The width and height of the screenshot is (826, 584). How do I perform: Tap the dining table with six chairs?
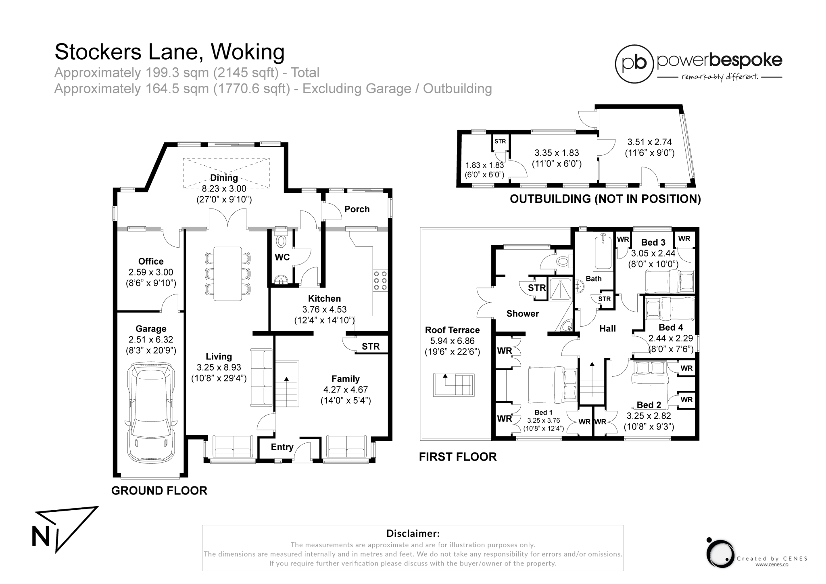pos(228,273)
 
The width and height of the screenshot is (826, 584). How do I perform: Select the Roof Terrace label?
pos(452,330)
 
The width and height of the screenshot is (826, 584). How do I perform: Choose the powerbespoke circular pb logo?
pos(634,64)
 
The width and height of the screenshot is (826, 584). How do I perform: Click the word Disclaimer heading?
pos(413,533)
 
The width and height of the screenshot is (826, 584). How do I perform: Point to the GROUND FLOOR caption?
pos(159,490)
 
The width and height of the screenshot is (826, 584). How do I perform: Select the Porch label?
pos(357,209)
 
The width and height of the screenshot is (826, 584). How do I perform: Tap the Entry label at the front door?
pos(282,447)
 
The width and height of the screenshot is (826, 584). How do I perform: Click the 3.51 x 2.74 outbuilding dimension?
pos(650,142)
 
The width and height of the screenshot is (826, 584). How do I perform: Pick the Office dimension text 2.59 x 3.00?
pos(151,272)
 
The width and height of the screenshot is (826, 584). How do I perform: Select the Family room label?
pos(346,379)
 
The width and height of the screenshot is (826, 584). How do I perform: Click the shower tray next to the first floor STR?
pos(560,288)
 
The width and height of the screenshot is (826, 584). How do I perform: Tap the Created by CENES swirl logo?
pos(720,553)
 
